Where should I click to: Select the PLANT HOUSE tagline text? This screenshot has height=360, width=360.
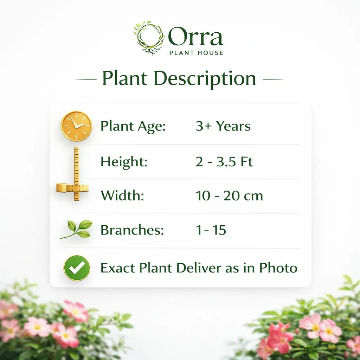pos(196,53)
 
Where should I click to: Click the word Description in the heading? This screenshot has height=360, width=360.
pos(205,78)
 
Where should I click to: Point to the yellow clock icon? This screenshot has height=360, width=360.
pos(76,126)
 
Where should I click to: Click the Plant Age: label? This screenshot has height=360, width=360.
pos(133,126)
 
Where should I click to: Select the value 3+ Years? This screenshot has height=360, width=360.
pos(223,126)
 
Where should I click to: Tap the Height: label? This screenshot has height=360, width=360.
pos(124,162)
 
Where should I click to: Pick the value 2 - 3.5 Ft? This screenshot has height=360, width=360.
pos(224,162)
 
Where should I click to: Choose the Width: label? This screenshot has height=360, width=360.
pos(122,196)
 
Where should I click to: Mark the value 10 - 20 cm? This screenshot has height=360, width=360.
pos(229,196)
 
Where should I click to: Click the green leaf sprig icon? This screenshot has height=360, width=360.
pos(77,229)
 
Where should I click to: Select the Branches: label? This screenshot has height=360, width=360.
pos(132,230)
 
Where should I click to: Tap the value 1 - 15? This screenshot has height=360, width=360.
pos(211,230)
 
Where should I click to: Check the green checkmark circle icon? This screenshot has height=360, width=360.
pos(77,268)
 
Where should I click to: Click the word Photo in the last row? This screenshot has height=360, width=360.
pos(278,268)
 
